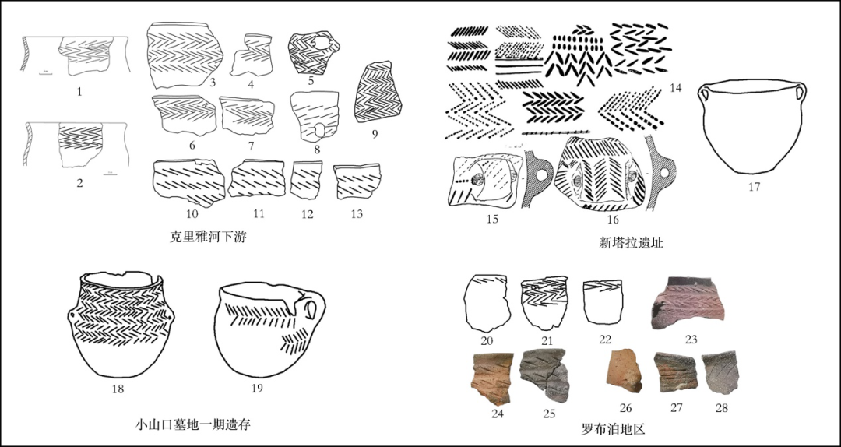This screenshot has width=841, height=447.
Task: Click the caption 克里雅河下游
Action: (208, 238)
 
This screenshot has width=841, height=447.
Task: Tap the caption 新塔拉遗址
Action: (631, 243)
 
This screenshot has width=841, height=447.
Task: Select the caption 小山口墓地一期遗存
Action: (192, 424)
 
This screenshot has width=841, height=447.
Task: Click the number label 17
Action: (753, 187)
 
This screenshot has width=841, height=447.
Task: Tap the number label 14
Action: (675, 88)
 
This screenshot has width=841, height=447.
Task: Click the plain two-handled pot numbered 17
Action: (752, 128)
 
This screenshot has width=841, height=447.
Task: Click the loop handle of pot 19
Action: (313, 309)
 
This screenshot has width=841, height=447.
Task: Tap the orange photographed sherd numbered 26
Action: (624, 371)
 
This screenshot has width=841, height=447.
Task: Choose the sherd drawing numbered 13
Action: (357, 182)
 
